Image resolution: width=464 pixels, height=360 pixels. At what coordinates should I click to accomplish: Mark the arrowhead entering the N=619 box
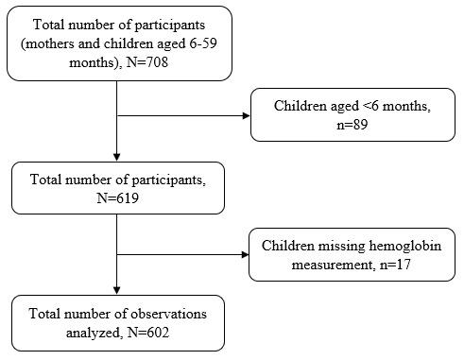[x=116, y=157]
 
